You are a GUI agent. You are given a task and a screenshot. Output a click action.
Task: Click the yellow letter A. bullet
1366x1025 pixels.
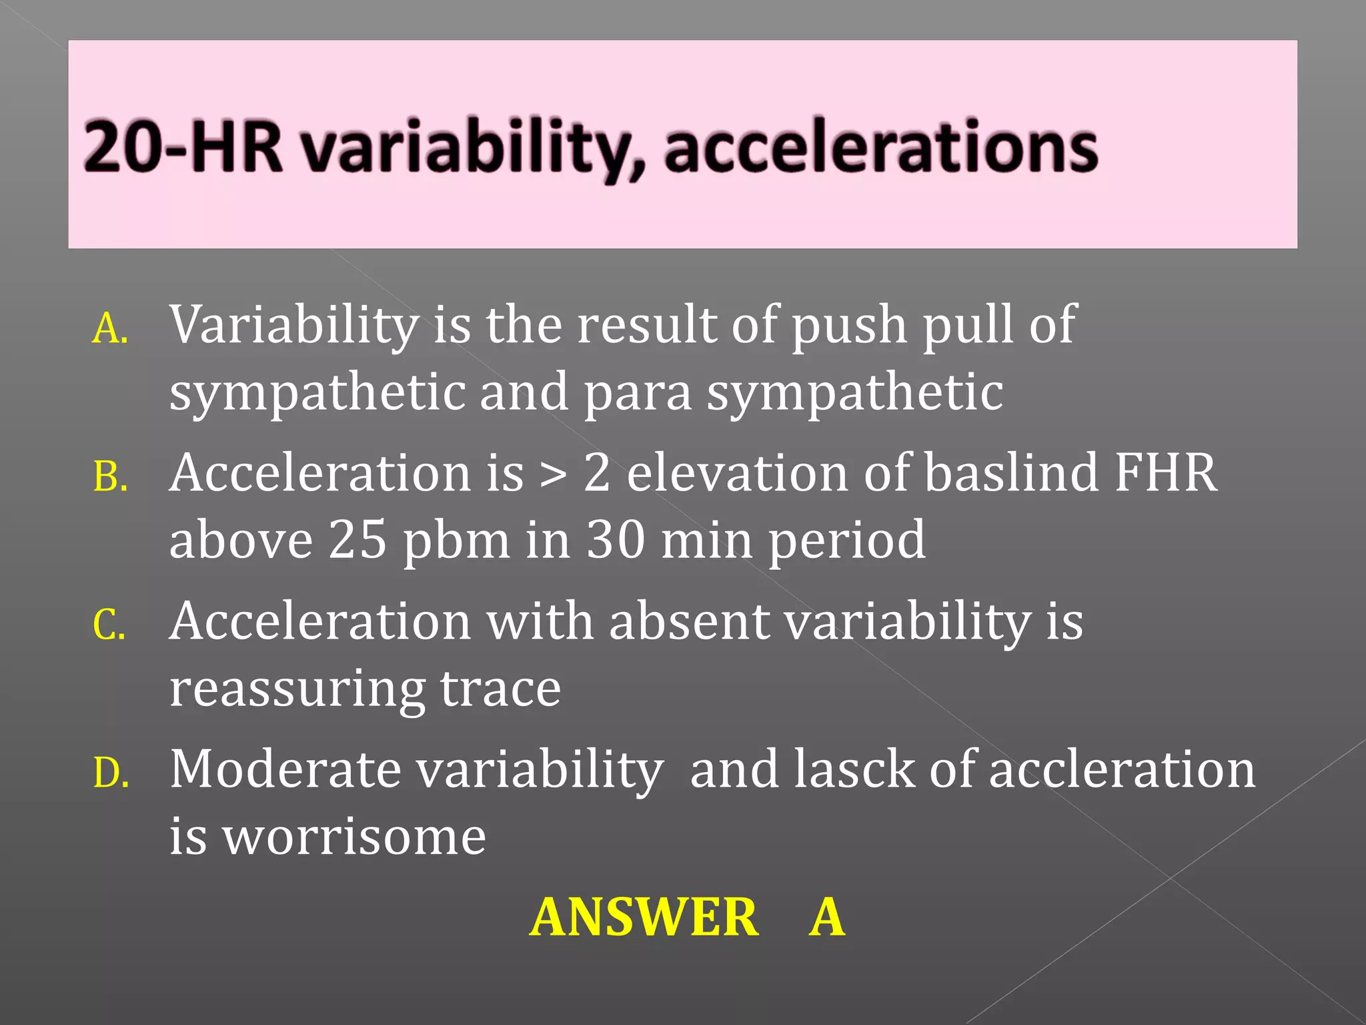(x=110, y=330)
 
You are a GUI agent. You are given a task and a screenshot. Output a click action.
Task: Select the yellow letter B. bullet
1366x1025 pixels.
(x=110, y=478)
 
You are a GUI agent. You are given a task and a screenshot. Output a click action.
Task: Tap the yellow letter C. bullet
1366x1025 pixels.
(x=109, y=626)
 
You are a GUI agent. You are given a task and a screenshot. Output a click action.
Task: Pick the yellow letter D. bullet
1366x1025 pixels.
(x=111, y=774)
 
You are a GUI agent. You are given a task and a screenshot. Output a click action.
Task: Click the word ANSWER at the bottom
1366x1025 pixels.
(x=644, y=918)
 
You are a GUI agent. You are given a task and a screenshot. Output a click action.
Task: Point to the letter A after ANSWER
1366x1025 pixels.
(x=827, y=918)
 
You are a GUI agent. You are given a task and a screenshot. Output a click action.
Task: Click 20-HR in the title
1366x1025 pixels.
(x=183, y=146)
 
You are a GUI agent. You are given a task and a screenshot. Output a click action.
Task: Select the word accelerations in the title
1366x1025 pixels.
(x=880, y=146)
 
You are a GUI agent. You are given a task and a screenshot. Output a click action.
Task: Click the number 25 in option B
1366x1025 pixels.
(x=358, y=540)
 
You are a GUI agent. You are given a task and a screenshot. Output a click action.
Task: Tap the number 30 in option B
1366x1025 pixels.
(x=615, y=540)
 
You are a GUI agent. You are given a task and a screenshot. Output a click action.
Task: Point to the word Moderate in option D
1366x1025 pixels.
(x=285, y=770)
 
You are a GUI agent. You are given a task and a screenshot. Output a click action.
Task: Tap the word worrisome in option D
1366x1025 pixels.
(x=354, y=837)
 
